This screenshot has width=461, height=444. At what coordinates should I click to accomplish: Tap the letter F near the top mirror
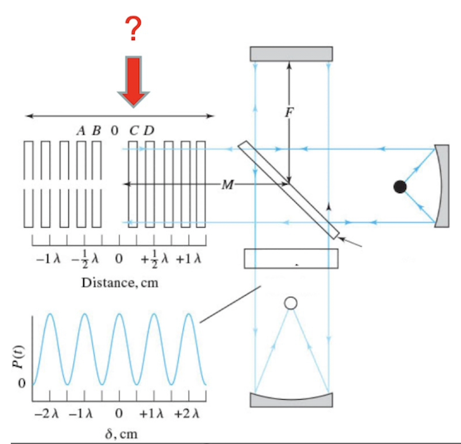(x=289, y=113)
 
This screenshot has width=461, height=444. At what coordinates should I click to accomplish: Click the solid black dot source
(x=401, y=187)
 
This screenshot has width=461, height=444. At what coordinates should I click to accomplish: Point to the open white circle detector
(x=290, y=303)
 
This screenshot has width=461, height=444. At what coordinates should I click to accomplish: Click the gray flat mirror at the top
(x=291, y=52)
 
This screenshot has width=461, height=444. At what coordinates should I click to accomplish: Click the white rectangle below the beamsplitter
(x=292, y=259)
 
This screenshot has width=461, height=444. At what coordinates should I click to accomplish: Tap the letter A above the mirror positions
(x=81, y=131)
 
